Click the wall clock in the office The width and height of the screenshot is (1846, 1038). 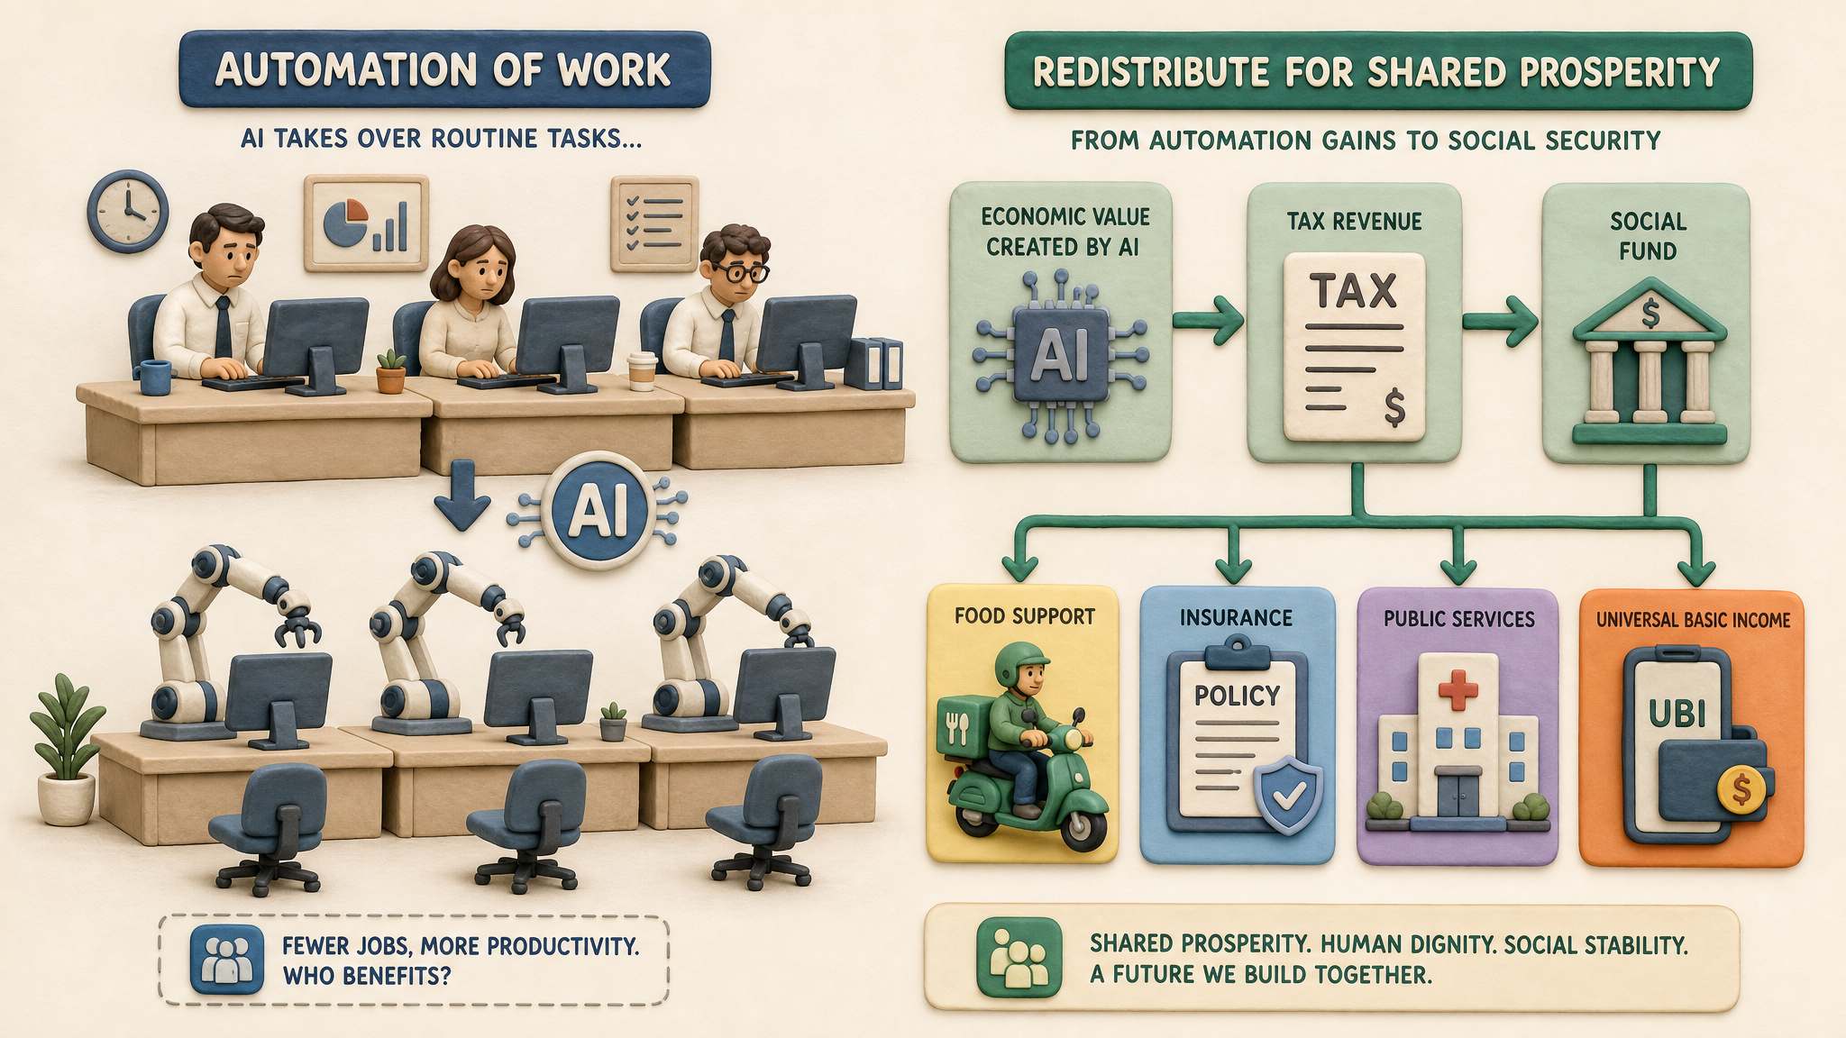[x=127, y=212]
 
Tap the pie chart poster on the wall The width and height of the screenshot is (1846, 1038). [x=366, y=223]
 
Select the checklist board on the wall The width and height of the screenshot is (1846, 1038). [x=654, y=223]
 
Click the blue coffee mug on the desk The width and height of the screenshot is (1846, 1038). [x=154, y=377]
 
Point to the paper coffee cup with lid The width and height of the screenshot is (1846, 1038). [x=642, y=371]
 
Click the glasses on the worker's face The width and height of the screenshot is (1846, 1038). [x=744, y=272]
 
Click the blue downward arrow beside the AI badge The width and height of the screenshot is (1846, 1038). [x=461, y=506]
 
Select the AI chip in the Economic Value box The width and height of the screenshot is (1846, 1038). [x=1061, y=356]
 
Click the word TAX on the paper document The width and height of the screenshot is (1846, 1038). [x=1354, y=291]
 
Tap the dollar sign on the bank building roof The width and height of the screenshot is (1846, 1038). [x=1650, y=314]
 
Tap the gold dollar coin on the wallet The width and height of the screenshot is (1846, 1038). [x=1742, y=790]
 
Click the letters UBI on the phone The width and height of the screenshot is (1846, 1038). [x=1677, y=715]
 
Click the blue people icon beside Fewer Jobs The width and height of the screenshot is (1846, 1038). [x=227, y=961]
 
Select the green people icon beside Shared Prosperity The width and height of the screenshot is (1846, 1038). [x=1019, y=958]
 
